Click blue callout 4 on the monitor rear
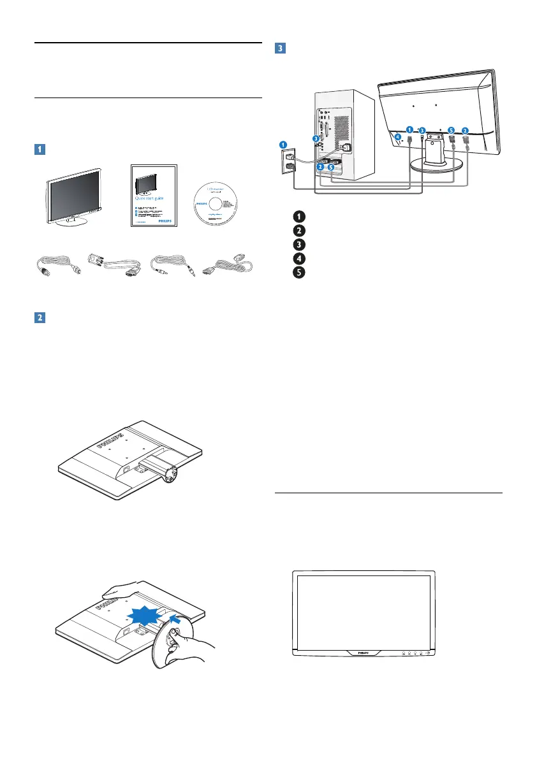(x=397, y=136)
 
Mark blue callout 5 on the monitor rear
(x=451, y=130)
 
